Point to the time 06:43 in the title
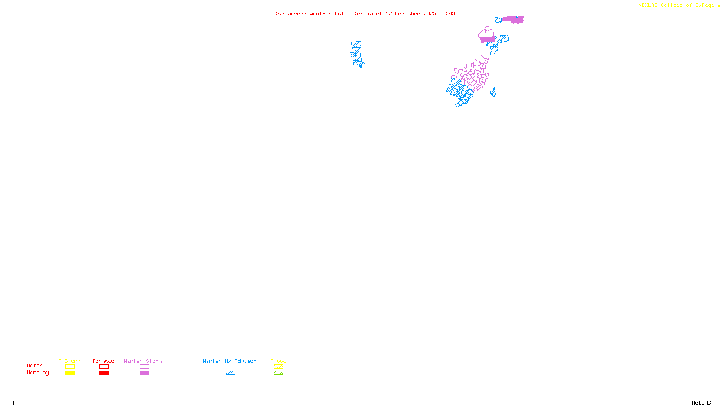(x=447, y=14)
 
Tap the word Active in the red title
(x=275, y=14)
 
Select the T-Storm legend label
(x=69, y=361)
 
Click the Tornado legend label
(x=103, y=361)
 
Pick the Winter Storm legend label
(x=143, y=361)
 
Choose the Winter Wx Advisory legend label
(x=231, y=361)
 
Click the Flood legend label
(x=278, y=361)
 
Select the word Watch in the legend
(x=35, y=366)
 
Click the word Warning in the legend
(x=38, y=373)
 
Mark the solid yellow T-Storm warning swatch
(x=70, y=373)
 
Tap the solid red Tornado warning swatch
(x=104, y=373)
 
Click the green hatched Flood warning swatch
(x=278, y=373)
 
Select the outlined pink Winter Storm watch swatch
(x=144, y=367)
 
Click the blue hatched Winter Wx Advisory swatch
(x=230, y=373)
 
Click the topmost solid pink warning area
(x=514, y=20)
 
